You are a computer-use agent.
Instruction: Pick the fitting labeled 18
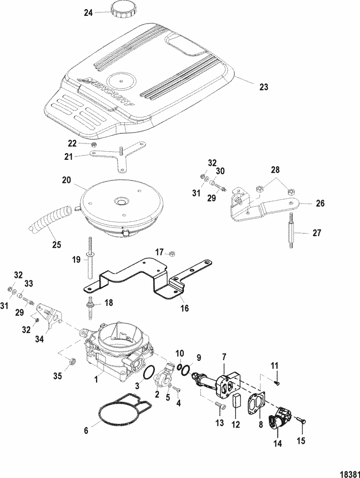point(90,305)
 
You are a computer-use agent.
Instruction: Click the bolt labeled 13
point(220,407)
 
